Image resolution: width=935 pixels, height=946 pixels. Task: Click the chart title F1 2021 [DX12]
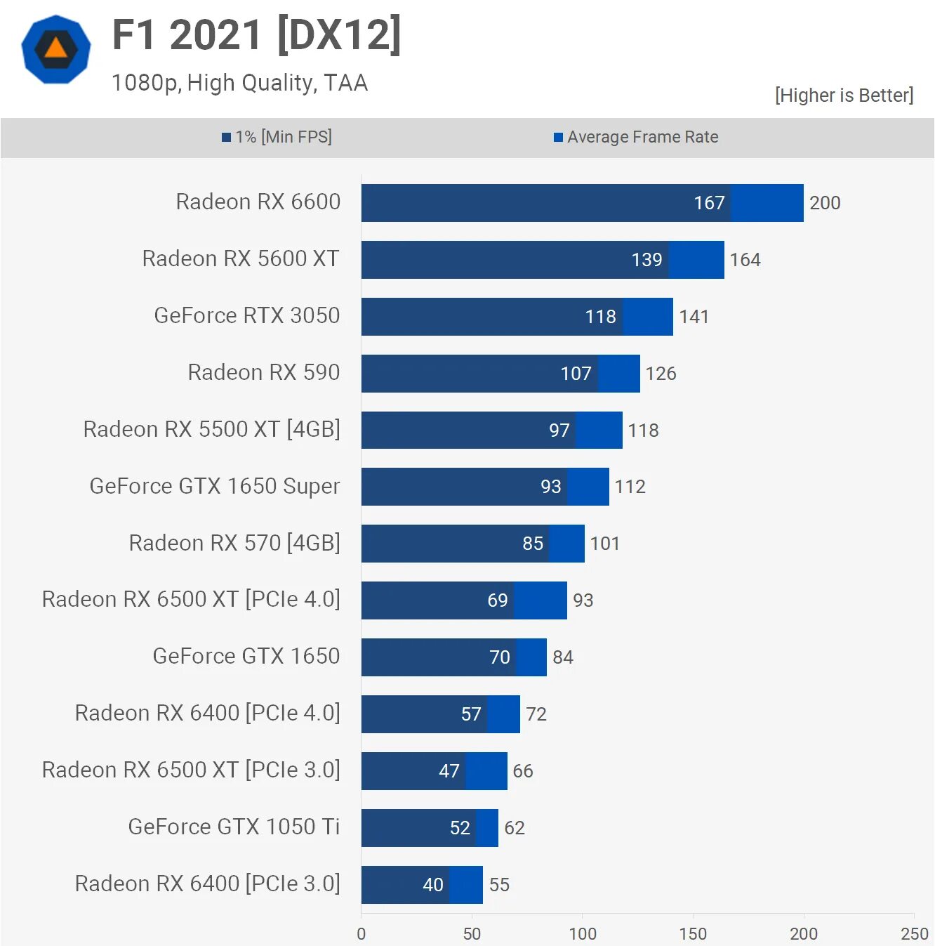(x=257, y=35)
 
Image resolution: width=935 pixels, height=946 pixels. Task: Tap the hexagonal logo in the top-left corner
(x=56, y=50)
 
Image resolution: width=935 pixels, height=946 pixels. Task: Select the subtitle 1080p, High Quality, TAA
(x=239, y=83)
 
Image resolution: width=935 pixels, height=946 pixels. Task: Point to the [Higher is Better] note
(x=844, y=96)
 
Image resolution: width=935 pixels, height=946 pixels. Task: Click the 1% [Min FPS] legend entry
(x=277, y=137)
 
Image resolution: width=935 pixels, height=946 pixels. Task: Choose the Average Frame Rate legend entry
(x=636, y=137)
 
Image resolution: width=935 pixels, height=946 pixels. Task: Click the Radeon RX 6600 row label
(x=258, y=202)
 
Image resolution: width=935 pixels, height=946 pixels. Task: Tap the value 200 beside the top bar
(x=825, y=203)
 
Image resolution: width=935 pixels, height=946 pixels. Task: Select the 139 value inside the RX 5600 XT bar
(x=646, y=260)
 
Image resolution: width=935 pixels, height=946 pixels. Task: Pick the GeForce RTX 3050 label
(x=246, y=316)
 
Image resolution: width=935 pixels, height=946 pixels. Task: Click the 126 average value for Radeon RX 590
(x=661, y=374)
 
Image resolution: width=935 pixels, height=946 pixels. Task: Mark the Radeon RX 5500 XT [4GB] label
(x=211, y=429)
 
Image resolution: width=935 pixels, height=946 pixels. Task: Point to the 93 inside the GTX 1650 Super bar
(x=550, y=487)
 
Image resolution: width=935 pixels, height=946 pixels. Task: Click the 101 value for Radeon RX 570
(x=604, y=544)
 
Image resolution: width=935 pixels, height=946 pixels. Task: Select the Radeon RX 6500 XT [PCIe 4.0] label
(x=191, y=600)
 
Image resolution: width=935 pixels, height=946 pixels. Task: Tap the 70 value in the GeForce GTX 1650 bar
(x=499, y=657)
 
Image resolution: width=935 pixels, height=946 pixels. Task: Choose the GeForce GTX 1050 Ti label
(x=234, y=827)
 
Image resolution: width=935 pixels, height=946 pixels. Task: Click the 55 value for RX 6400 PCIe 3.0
(x=499, y=885)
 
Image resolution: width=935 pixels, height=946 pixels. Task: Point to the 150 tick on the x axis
(x=693, y=933)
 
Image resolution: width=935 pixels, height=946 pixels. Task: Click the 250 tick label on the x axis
(x=914, y=933)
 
